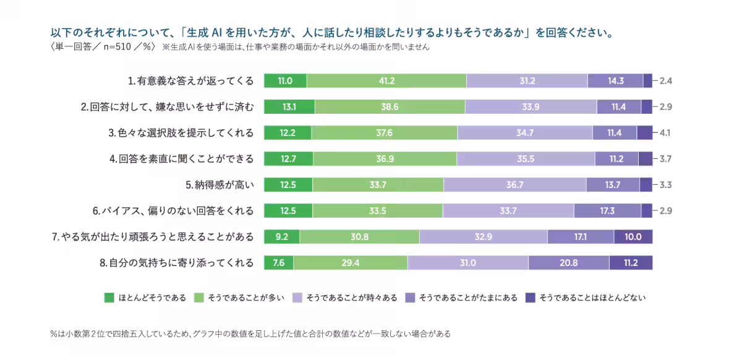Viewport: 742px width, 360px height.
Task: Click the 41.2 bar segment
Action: pos(386,80)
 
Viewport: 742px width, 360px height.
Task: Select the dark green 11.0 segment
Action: pos(284,80)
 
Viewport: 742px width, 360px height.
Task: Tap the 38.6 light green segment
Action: pos(390,106)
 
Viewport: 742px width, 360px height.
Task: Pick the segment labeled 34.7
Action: pos(524,132)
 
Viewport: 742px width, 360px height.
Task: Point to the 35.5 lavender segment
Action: pos(526,159)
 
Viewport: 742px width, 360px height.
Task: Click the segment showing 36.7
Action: pos(514,185)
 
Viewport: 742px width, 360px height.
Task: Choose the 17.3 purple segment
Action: pos(607,211)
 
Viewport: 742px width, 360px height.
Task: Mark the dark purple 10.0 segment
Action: pos(633,237)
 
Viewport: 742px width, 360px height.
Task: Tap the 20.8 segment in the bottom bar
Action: pos(568,263)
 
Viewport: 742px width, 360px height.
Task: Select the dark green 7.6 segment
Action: pos(278,263)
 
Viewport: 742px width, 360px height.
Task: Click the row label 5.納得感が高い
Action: pos(220,185)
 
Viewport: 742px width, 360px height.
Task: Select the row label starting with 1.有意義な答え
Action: pos(190,80)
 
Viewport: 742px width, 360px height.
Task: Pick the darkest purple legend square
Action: pos(529,298)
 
